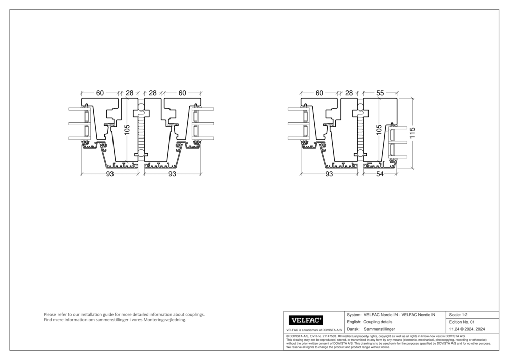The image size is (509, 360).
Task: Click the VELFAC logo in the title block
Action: coord(306,320)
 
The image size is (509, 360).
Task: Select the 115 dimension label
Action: coord(413,133)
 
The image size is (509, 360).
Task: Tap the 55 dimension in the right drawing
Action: coord(380,93)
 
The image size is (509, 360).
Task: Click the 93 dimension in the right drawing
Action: coord(329,174)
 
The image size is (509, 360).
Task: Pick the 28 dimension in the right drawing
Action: coord(349,93)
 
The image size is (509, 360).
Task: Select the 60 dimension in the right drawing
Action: coord(319,93)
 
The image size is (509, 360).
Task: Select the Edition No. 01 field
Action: coord(462,322)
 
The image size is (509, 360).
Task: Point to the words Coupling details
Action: coord(378,322)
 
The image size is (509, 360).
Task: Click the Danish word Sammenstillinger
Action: coord(380,330)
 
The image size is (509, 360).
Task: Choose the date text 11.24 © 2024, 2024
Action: coord(466,330)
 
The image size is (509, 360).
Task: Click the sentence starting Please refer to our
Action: coord(124,315)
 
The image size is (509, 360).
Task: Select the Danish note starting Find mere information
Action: coord(115,320)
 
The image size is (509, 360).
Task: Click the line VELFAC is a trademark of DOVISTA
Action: coord(310,331)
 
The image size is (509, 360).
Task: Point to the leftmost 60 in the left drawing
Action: coord(100,93)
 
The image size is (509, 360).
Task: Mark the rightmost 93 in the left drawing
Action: coord(172,174)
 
